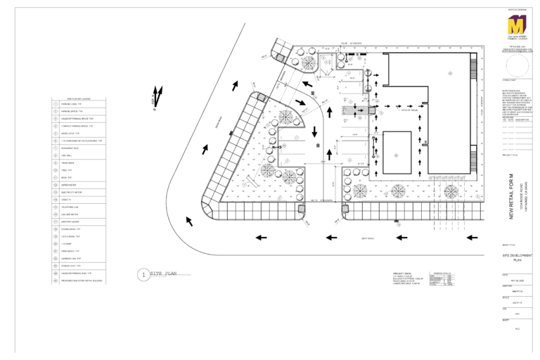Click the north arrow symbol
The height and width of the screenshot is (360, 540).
point(158,96)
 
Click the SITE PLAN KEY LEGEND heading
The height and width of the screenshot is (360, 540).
point(78,98)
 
